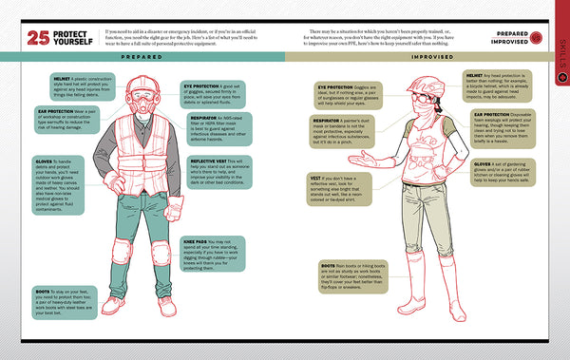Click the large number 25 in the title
(38, 39)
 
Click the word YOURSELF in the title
(73, 45)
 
